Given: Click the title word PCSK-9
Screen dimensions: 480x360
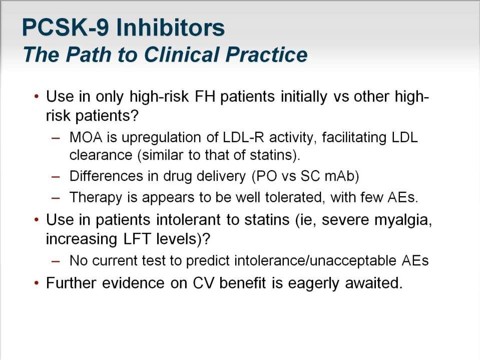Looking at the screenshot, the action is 65,28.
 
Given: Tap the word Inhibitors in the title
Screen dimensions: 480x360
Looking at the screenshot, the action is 170,28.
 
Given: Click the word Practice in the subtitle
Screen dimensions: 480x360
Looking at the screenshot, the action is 266,55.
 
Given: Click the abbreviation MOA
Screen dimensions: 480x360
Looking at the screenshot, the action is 86,138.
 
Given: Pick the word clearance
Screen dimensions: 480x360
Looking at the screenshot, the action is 101,155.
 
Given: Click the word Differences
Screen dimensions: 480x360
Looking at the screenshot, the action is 106,176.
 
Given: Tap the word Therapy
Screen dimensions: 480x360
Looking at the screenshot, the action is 96,198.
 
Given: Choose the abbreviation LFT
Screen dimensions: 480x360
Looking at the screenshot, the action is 137,239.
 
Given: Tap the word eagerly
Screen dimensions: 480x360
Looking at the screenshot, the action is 313,283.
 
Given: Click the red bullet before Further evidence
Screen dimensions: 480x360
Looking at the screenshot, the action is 37,283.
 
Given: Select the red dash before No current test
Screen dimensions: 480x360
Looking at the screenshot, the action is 56,261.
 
